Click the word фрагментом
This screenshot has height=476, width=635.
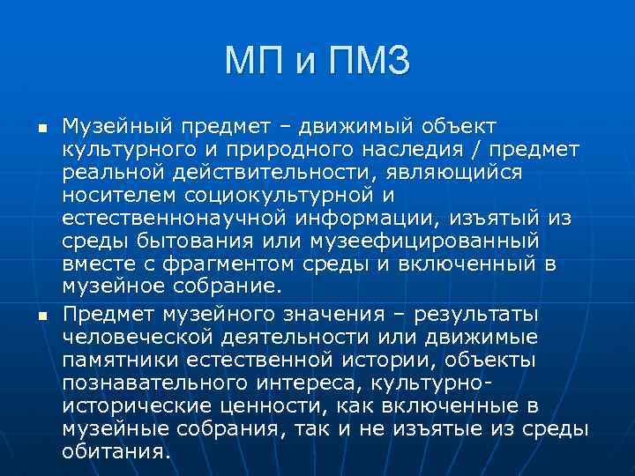(x=207, y=264)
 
